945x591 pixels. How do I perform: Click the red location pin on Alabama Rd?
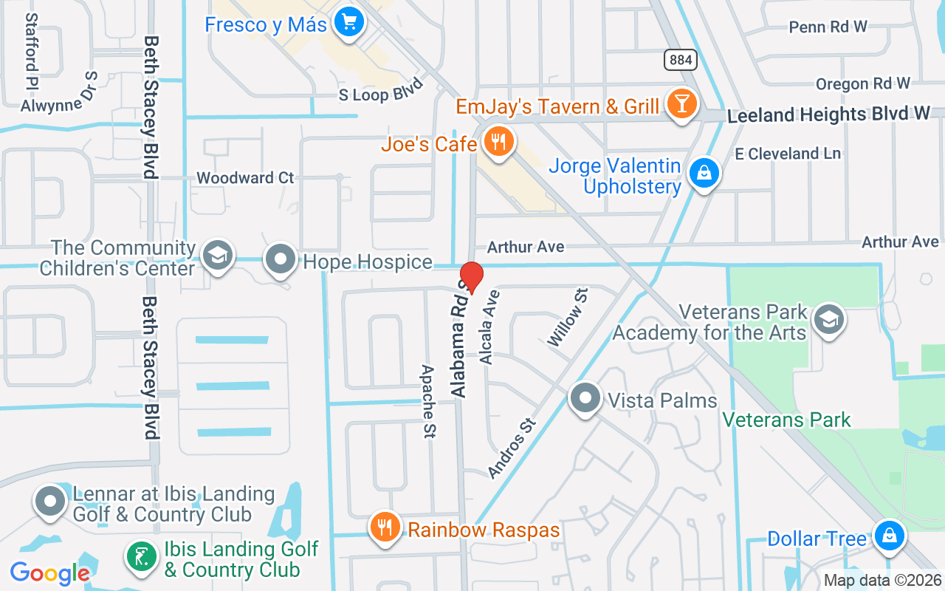coord(472,277)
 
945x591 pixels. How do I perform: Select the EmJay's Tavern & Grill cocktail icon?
coord(681,103)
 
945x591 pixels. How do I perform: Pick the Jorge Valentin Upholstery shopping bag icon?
coord(704,174)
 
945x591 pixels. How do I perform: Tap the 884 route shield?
coord(679,60)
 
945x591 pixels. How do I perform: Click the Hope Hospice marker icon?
coord(281,259)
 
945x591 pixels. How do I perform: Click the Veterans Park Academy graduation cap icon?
coord(828,319)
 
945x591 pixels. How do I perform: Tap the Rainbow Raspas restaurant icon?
coord(385,527)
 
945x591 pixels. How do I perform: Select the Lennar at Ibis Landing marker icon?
coord(50,501)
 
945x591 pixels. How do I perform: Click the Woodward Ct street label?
coord(245,178)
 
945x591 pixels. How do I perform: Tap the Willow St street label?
coord(567,318)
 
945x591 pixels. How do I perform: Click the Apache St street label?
coord(427,400)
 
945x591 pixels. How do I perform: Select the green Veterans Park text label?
coord(786,420)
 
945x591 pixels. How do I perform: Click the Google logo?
coord(49,573)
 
